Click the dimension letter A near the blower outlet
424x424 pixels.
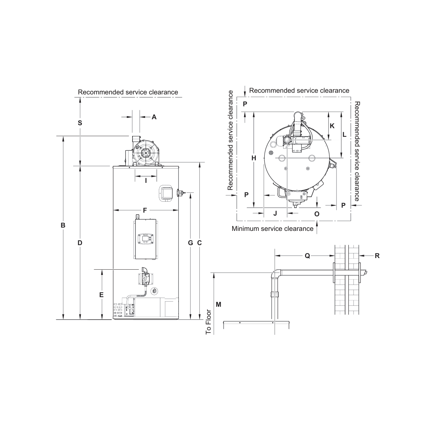[x=154, y=117]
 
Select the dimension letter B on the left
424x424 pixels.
[x=63, y=225]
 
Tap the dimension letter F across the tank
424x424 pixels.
[x=145, y=210]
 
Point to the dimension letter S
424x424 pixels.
[x=80, y=123]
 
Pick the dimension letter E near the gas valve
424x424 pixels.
[x=101, y=294]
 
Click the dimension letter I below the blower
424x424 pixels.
[x=146, y=181]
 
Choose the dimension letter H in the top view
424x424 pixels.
[x=254, y=158]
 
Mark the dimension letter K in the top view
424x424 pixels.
[x=332, y=126]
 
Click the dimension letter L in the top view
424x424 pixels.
[x=344, y=135]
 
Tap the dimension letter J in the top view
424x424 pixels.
[x=275, y=213]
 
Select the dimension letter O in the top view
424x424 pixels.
[x=317, y=214]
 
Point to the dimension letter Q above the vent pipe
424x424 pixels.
[x=307, y=256]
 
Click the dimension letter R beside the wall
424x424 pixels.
[x=377, y=256]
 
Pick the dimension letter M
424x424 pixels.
[x=218, y=304]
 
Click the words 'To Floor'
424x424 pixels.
[x=208, y=322]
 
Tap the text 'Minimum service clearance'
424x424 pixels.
[x=272, y=229]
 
